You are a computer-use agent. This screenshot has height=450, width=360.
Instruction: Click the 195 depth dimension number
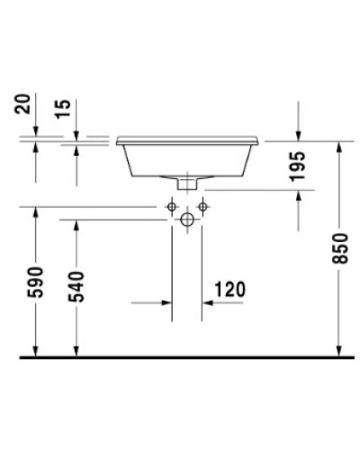click(300, 168)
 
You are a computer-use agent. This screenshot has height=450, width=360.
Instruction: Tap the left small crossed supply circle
click(172, 207)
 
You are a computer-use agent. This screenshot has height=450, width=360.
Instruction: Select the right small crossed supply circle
click(202, 207)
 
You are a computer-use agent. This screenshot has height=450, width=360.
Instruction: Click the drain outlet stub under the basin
click(187, 183)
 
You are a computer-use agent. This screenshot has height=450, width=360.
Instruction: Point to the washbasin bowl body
click(187, 160)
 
